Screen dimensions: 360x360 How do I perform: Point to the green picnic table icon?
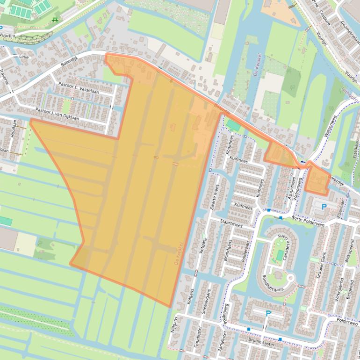click(55, 20)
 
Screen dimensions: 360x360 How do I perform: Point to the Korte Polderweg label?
click(307, 218)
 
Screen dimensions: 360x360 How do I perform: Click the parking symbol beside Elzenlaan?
click(324, 206)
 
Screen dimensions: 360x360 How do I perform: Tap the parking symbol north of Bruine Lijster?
click(268, 314)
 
